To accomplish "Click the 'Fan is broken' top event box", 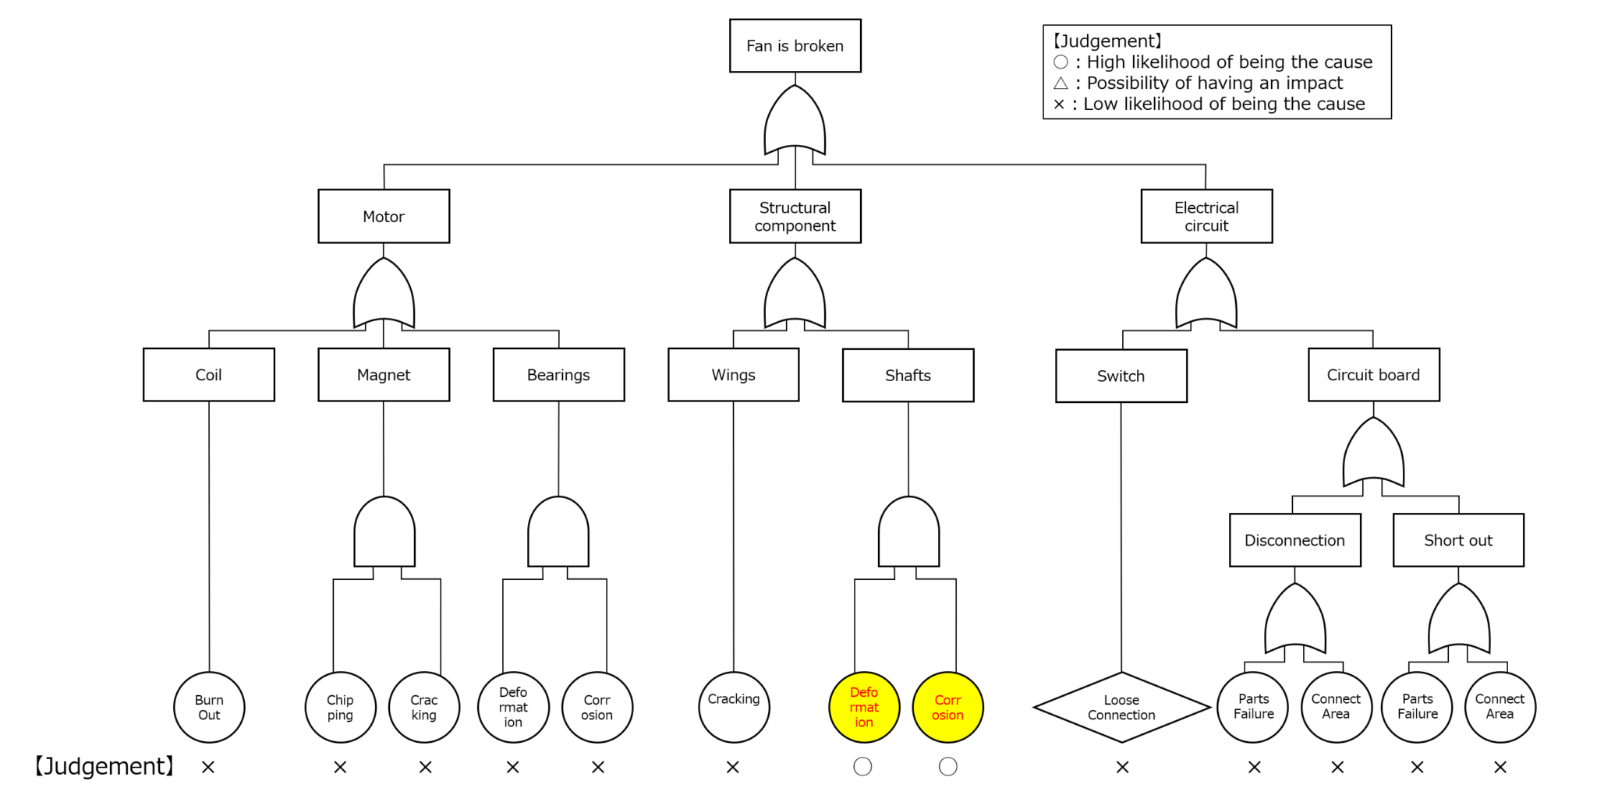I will tap(795, 46).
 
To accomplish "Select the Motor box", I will tap(384, 216).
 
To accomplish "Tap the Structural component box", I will tap(795, 216).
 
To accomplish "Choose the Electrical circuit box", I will tap(1206, 216).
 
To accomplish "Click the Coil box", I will tap(209, 375).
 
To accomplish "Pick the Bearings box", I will tap(558, 375).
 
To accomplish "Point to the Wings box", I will tap(733, 375).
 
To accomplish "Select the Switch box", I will tap(1121, 376).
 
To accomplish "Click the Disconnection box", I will tap(1294, 540).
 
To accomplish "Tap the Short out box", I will tap(1458, 540).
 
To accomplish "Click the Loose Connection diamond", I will tap(1121, 707).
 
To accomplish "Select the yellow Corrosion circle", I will tap(947, 707).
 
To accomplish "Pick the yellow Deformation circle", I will tap(864, 707).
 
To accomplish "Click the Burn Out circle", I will tap(209, 707).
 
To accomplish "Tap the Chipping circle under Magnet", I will tap(340, 707).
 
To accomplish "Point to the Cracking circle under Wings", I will tap(734, 707).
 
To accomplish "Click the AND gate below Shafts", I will tap(908, 533).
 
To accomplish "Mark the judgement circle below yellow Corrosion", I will tap(947, 767).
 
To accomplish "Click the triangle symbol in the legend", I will tap(1061, 83).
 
